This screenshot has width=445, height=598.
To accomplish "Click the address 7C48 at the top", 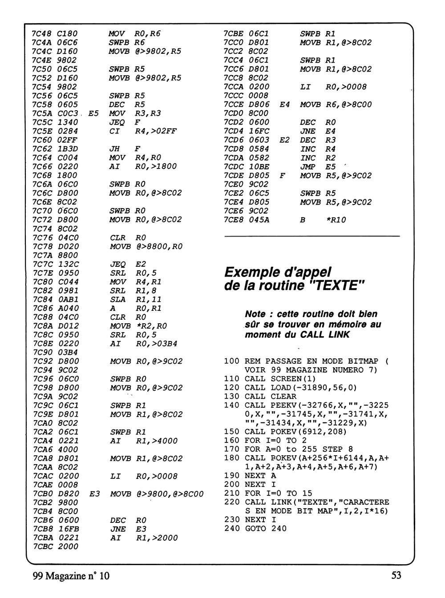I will (41, 34).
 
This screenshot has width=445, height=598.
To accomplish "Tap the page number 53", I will (396, 575).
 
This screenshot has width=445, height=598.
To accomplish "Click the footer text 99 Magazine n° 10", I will (71, 576).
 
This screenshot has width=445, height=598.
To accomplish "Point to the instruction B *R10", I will (323, 220).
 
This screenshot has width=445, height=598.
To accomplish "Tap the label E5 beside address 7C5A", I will (93, 113).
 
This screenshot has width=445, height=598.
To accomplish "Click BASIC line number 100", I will (232, 361).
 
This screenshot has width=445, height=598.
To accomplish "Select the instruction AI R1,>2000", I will (143, 538).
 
